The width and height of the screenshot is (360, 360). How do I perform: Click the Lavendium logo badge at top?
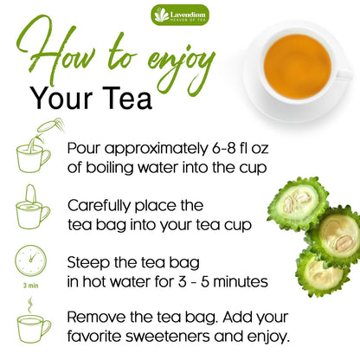(180, 15)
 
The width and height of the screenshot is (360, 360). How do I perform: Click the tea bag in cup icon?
(33, 206)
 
